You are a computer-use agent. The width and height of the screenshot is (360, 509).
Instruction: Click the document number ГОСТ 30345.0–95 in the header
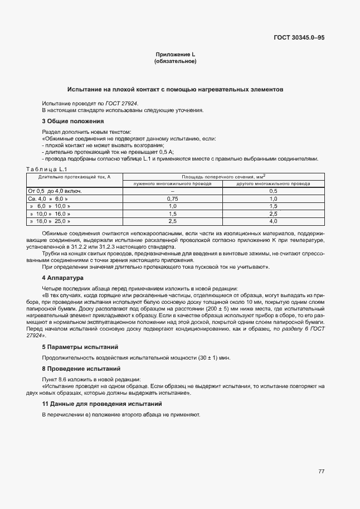[299, 38]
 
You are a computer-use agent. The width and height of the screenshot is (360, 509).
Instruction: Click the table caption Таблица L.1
[47, 169]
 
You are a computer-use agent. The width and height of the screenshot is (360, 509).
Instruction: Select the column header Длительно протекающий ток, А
[74, 176]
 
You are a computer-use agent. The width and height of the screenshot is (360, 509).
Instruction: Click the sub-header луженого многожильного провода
[172, 183]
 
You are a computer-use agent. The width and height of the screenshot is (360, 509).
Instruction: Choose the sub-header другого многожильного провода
[273, 183]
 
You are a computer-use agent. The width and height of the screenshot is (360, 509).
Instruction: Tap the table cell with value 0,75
[172, 198]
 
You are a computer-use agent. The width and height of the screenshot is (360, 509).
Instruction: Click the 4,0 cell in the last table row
[273, 221]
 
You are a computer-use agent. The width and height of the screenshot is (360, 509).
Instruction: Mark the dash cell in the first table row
[172, 191]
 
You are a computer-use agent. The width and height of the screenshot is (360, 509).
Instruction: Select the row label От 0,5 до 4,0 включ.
[55, 191]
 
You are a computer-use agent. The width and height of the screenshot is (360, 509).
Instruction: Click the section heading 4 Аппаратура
[62, 277]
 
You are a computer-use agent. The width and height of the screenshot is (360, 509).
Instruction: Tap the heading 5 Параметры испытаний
[80, 347]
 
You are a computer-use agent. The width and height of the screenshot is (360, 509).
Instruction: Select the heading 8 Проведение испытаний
[81, 369]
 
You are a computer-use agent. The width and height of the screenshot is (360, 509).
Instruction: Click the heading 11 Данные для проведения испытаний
[102, 404]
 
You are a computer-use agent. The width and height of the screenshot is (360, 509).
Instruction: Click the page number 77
[321, 472]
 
